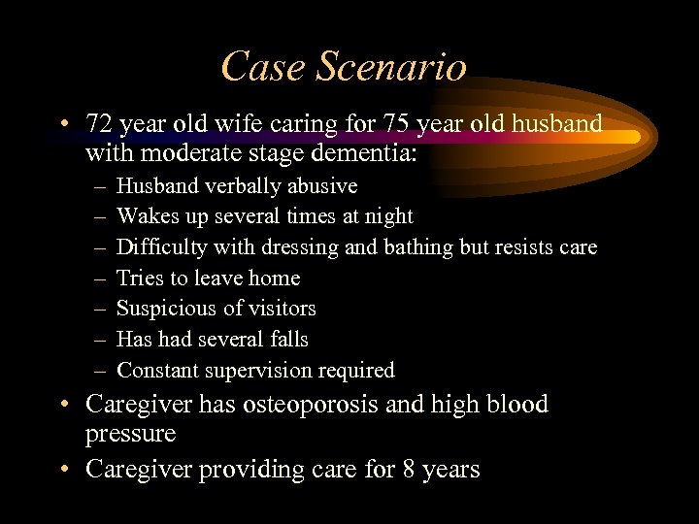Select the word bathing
(x=418, y=247)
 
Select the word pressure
(x=130, y=433)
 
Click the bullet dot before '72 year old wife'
(x=62, y=126)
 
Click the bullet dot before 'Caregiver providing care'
(x=62, y=471)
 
